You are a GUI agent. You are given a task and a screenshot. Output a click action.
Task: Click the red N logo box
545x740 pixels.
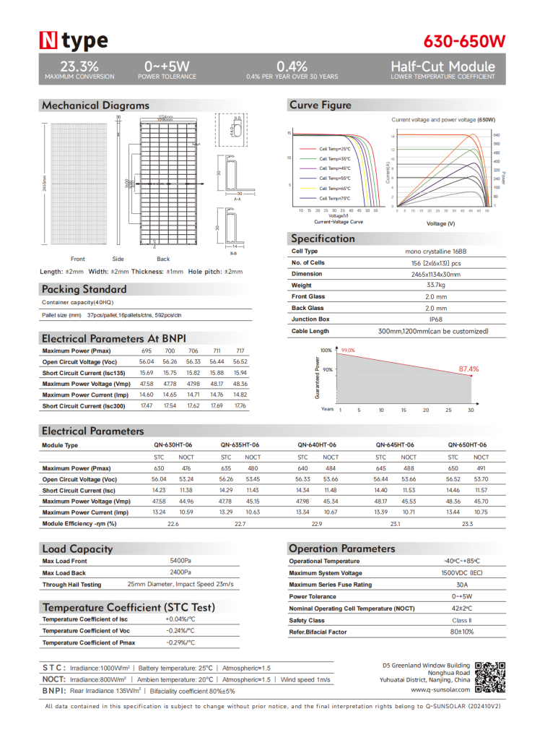click(x=49, y=40)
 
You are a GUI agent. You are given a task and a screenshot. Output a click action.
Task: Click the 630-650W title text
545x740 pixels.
click(x=465, y=40)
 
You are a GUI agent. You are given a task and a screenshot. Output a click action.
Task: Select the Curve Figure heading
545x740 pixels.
click(x=321, y=106)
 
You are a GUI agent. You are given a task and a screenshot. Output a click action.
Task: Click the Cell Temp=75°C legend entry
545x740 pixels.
click(x=334, y=198)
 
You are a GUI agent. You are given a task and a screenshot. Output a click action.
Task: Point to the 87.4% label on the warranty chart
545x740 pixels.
click(x=469, y=369)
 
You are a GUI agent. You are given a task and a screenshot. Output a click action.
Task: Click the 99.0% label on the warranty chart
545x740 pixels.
click(x=348, y=350)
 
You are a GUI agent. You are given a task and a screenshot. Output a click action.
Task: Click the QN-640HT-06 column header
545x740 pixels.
click(x=318, y=445)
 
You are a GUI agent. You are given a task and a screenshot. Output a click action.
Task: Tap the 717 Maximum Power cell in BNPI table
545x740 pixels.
click(x=240, y=350)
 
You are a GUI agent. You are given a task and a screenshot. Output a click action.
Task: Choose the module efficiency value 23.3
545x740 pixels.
click(x=467, y=523)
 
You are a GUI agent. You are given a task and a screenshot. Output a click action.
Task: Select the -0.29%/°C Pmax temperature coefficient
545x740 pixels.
click(x=180, y=642)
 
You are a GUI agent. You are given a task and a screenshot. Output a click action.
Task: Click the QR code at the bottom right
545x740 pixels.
click(x=492, y=676)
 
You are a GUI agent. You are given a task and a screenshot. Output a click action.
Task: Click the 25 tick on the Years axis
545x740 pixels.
click(x=448, y=410)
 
